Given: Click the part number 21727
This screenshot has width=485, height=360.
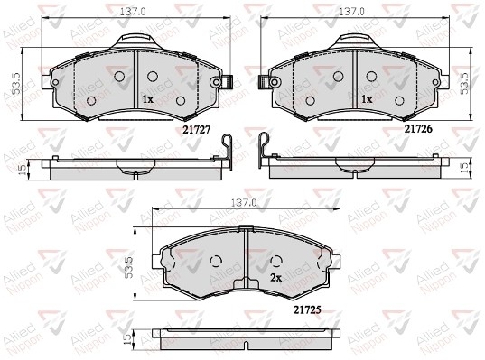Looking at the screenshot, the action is pyautogui.click(x=196, y=130).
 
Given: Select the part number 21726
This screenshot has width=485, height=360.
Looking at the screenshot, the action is pyautogui.click(x=418, y=129).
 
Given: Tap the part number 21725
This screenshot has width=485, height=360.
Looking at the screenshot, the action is pyautogui.click(x=307, y=309).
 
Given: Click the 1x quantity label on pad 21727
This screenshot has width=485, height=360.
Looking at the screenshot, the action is pyautogui.click(x=148, y=99).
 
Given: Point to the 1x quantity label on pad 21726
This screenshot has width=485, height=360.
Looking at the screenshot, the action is pyautogui.click(x=368, y=99).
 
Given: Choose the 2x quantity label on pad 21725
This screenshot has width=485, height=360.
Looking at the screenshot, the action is pyautogui.click(x=276, y=278).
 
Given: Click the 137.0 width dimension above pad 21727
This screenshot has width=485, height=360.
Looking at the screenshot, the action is pyautogui.click(x=133, y=12).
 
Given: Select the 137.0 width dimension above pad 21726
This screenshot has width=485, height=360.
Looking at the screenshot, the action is pyautogui.click(x=352, y=12).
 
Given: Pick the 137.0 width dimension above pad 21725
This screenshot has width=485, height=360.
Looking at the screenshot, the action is pyautogui.click(x=245, y=203).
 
